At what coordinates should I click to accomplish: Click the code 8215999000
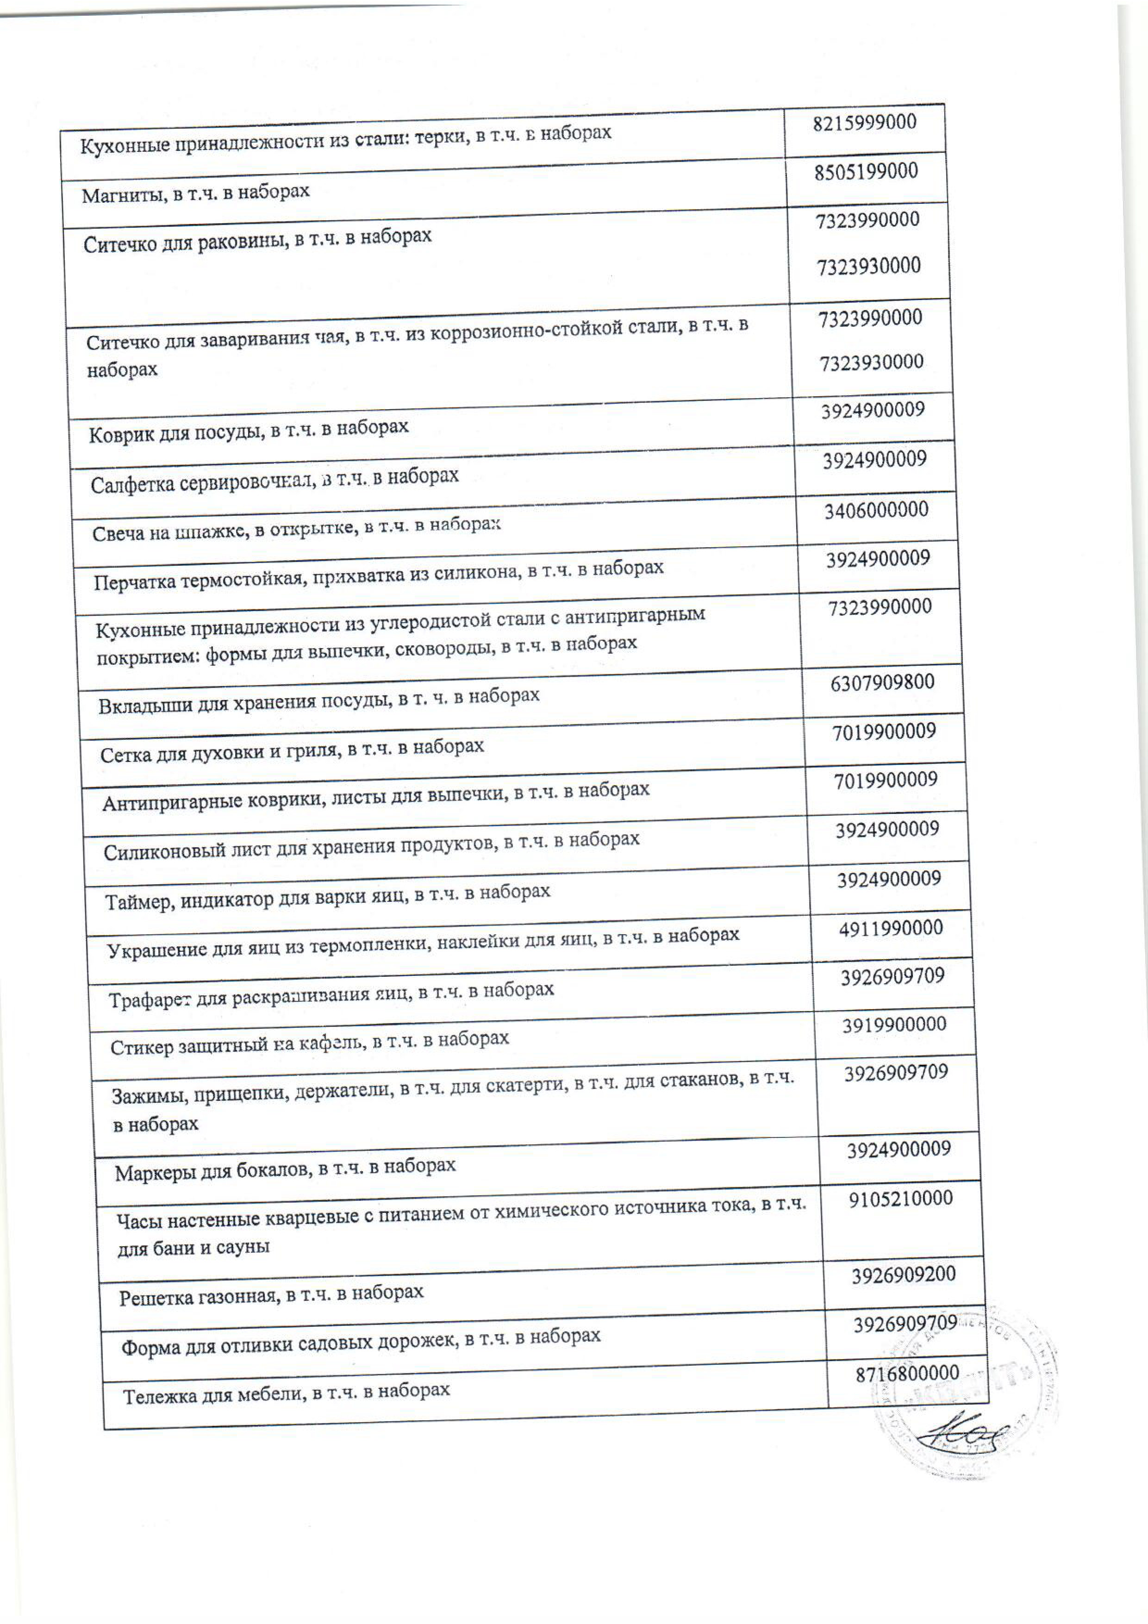tap(864, 122)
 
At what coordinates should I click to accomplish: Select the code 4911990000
tap(891, 928)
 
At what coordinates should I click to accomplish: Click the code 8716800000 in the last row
tap(907, 1374)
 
